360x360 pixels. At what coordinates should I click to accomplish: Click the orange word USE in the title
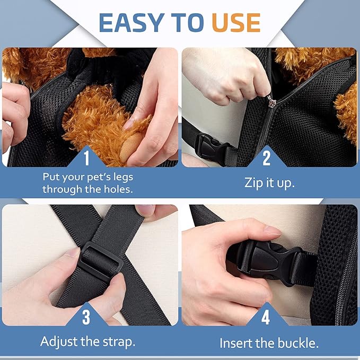click(x=236, y=22)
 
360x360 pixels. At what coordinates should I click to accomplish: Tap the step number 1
click(x=86, y=158)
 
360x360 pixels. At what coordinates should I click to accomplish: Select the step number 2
click(x=266, y=158)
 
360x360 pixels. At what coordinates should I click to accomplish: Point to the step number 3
click(x=86, y=317)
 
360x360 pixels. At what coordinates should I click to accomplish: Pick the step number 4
click(x=266, y=317)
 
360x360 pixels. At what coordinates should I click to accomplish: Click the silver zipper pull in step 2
click(x=271, y=101)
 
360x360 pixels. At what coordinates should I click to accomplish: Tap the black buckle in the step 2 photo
click(x=213, y=147)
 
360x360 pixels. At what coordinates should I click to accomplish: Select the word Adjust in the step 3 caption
click(x=59, y=342)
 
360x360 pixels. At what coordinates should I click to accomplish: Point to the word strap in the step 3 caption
click(x=119, y=343)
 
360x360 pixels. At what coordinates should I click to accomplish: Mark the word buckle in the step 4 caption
click(x=298, y=343)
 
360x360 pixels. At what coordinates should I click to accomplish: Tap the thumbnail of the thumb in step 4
click(x=273, y=230)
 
